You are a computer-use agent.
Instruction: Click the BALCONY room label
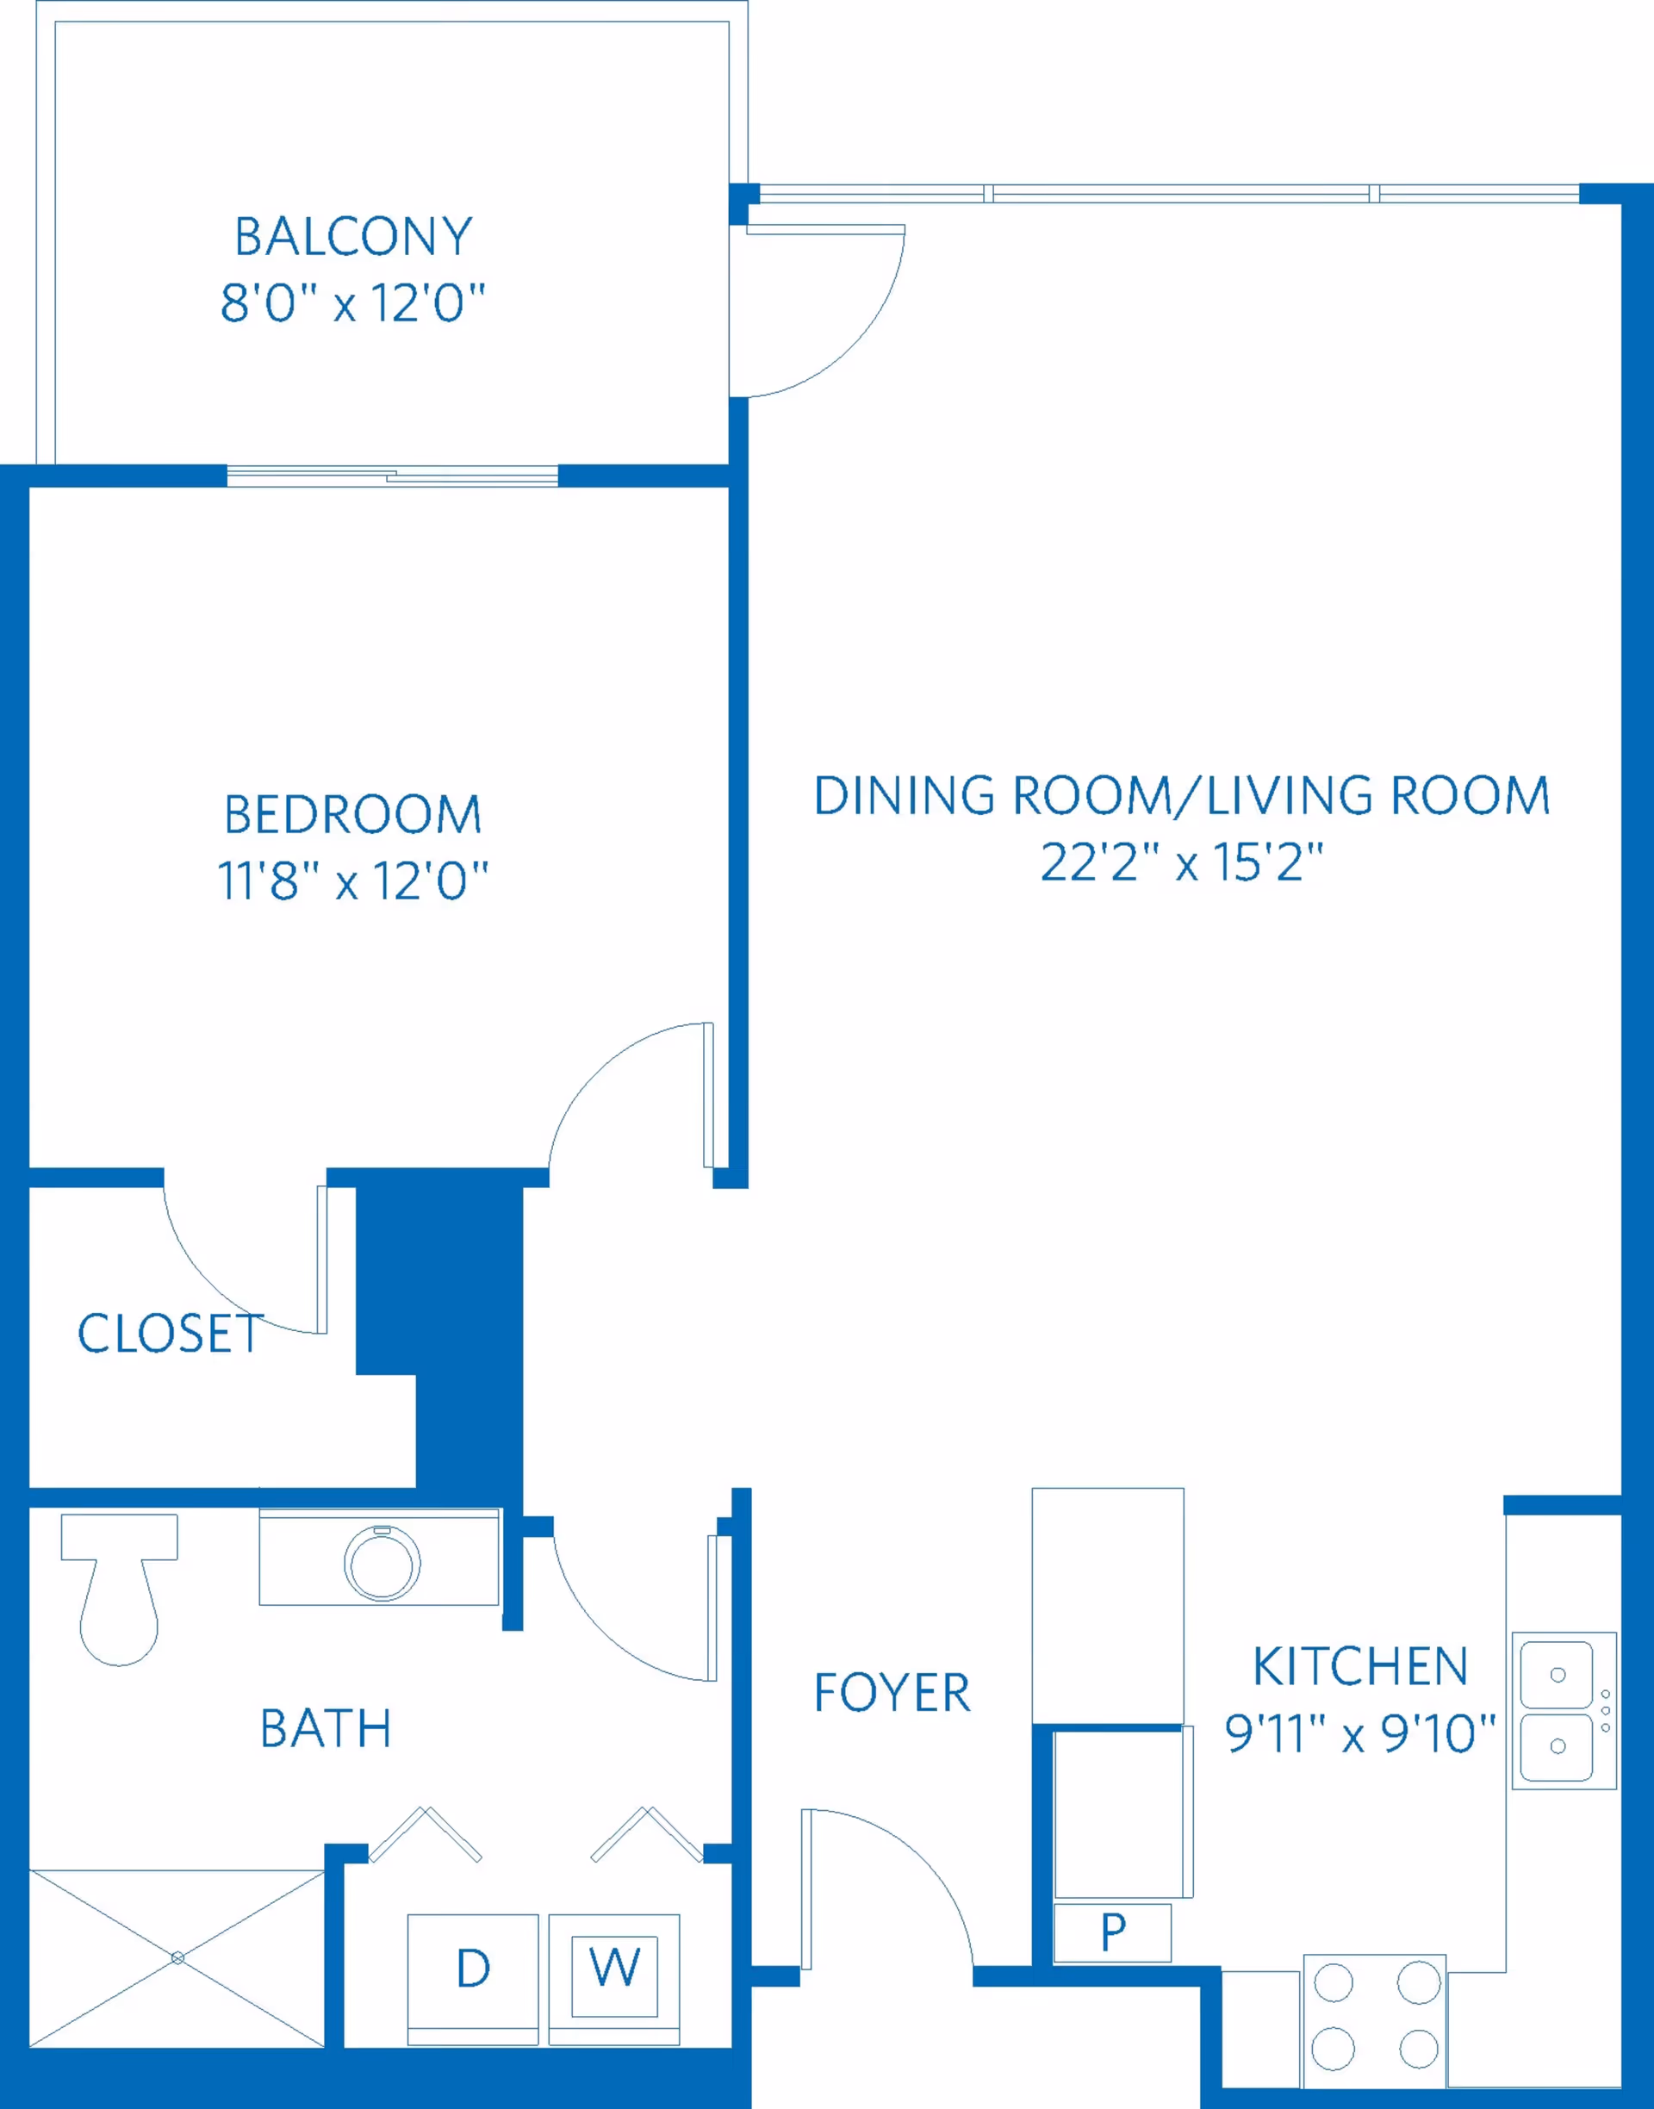click(353, 237)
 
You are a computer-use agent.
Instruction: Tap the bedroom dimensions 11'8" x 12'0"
click(353, 881)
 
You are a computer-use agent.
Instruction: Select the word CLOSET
click(171, 1334)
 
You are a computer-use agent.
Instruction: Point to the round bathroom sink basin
click(382, 1564)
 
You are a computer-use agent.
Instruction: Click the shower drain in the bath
click(177, 1958)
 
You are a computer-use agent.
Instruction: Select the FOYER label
click(892, 1693)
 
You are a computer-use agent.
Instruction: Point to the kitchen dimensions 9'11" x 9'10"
click(1360, 1733)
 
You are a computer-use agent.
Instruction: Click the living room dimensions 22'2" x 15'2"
click(1181, 862)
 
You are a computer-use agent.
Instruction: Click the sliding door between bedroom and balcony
click(392, 476)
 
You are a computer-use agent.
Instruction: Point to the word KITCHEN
click(1360, 1666)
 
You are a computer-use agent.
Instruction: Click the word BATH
click(326, 1728)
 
